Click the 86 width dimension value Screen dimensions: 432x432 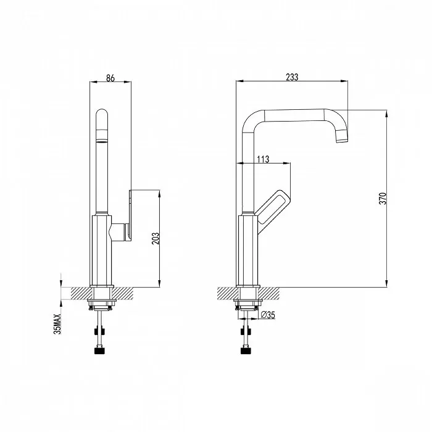click(110, 78)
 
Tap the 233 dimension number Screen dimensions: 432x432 click(292, 77)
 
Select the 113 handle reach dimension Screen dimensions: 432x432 click(263, 159)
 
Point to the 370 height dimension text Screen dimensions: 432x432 click(383, 198)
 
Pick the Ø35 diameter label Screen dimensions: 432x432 click(267, 315)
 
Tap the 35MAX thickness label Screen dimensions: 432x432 click(57, 324)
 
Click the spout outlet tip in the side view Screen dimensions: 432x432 click(342, 140)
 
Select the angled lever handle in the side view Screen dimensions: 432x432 click(272, 212)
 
